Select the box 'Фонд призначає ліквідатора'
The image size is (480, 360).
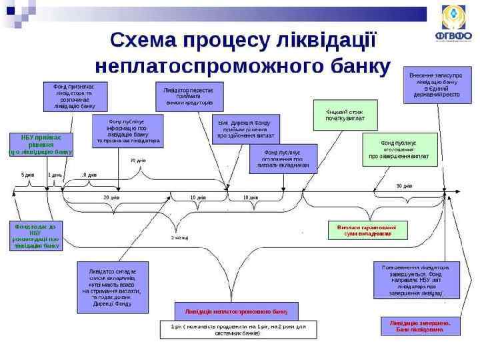click(70, 96)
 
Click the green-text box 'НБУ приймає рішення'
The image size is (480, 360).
click(41, 144)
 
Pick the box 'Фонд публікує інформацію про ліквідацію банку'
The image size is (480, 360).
click(127, 131)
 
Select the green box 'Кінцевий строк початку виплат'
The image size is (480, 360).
click(345, 115)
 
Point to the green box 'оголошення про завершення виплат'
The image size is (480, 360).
click(399, 150)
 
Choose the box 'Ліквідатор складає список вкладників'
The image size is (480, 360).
click(113, 288)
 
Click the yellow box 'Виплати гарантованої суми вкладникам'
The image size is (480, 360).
click(366, 230)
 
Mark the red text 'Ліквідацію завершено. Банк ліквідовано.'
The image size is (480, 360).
click(420, 325)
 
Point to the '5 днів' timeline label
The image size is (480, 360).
click(27, 175)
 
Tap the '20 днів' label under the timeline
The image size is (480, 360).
click(111, 198)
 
